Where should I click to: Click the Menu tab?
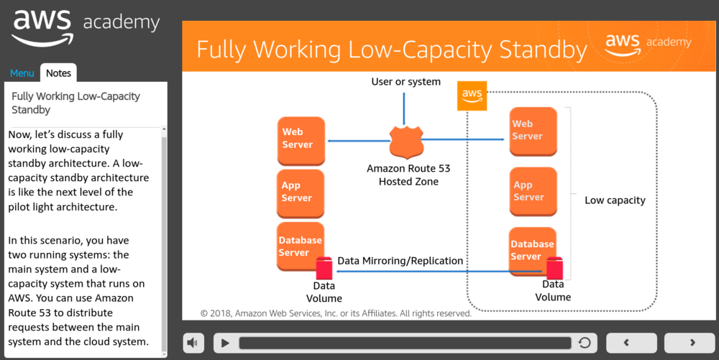tap(22, 73)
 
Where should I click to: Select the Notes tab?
tap(58, 73)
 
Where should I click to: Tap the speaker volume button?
tap(193, 343)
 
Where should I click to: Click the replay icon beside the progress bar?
tap(585, 343)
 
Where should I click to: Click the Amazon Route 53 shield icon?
tap(405, 141)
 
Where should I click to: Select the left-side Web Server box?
tap(301, 139)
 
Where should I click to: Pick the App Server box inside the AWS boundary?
tap(533, 191)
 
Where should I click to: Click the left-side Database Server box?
tap(301, 246)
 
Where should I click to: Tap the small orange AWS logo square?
tap(472, 96)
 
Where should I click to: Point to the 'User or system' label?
tap(406, 82)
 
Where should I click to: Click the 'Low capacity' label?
tap(615, 200)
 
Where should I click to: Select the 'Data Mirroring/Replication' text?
tap(400, 261)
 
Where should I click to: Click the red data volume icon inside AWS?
tap(554, 269)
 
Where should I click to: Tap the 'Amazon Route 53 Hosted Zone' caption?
tap(408, 175)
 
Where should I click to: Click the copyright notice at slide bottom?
tap(336, 313)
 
